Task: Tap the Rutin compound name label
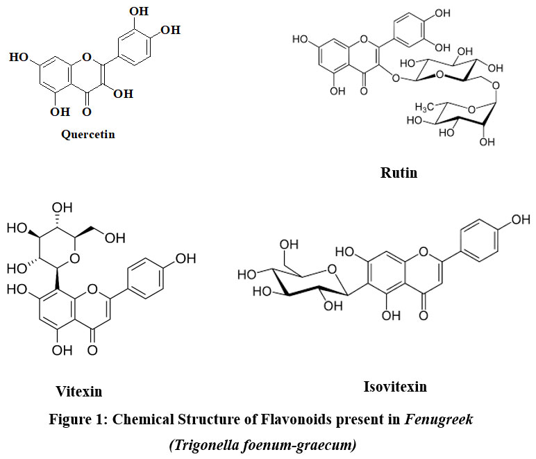point(399,172)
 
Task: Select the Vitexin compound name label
point(78,392)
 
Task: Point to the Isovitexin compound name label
point(396,386)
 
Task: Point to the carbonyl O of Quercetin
point(86,111)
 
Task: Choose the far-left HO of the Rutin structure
point(302,39)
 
